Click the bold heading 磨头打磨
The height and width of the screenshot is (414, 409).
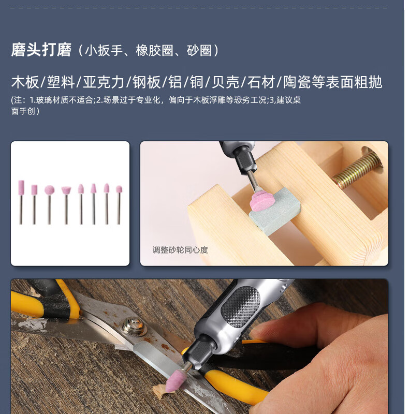41,50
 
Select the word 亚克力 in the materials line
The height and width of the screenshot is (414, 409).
104,82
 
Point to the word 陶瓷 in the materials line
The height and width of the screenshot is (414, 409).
297,82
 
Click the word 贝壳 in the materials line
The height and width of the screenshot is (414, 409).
226,82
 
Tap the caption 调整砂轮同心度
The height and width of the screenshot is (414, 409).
180,250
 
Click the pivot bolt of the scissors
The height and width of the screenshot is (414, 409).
133,327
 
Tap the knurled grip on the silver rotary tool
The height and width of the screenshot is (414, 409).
240,306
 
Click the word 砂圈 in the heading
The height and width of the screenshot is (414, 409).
199,50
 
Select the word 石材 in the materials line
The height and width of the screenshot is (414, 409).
261,82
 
